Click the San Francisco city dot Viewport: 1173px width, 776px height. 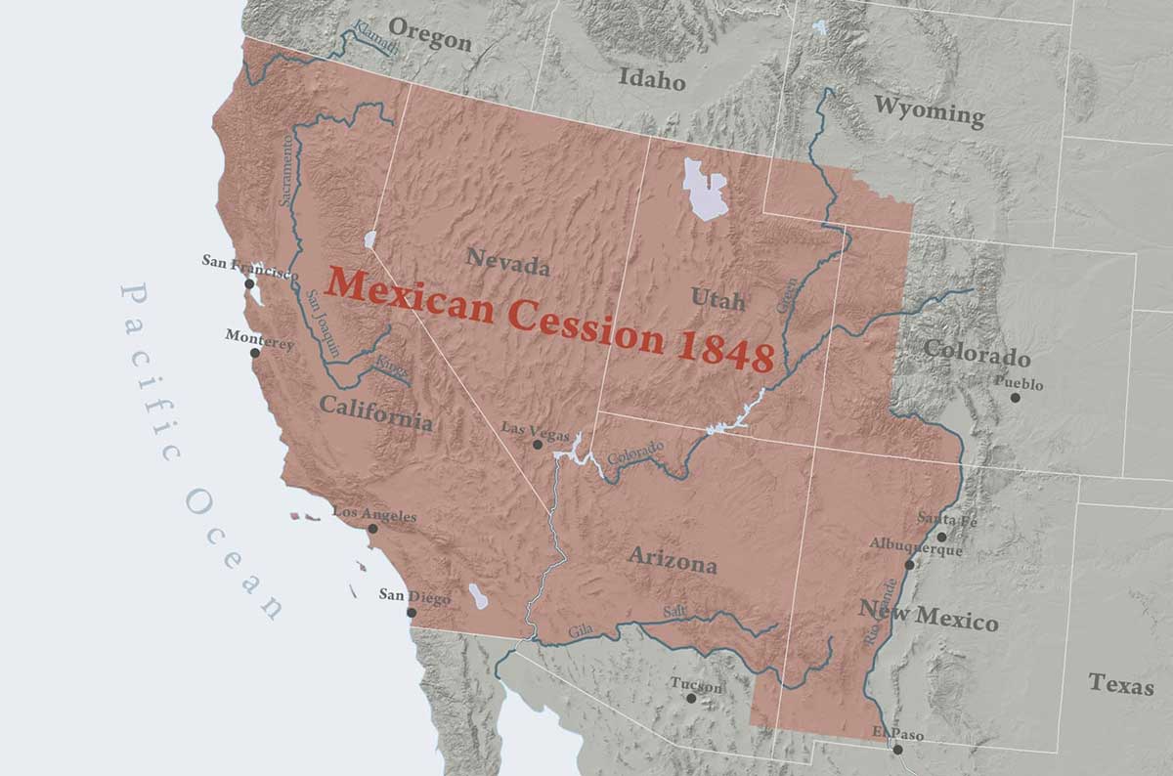250,283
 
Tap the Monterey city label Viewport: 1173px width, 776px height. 259,335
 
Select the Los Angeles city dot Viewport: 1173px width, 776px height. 372,529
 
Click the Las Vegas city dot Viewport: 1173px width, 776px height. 537,445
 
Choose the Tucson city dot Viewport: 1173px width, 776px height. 691,698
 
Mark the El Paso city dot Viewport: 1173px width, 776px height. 897,750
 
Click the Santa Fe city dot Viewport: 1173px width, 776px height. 941,537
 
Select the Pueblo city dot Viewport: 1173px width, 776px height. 1015,398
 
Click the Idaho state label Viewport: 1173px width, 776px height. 652,79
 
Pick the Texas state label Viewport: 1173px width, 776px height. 1120,683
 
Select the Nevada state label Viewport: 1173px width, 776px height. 507,261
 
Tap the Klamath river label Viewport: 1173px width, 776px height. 375,37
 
